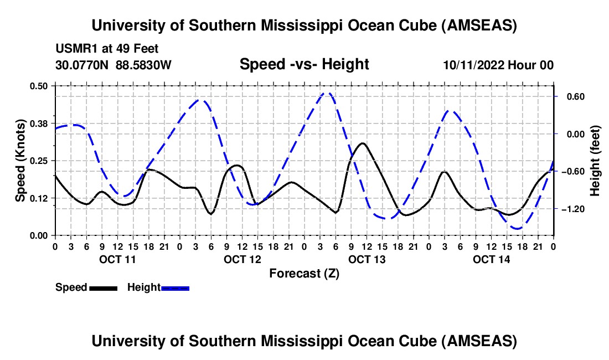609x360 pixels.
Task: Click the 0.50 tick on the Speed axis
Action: click(x=40, y=85)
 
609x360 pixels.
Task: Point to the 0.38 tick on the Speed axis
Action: click(x=40, y=122)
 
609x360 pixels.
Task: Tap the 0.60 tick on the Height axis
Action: click(x=570, y=96)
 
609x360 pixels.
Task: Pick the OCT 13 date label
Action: click(x=367, y=259)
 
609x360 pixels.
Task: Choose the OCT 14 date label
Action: click(x=492, y=259)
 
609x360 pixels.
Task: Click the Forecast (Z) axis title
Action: click(x=304, y=273)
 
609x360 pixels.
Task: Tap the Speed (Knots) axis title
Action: click(x=20, y=160)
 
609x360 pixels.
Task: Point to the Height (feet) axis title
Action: click(x=595, y=161)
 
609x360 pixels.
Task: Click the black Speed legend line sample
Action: click(x=103, y=287)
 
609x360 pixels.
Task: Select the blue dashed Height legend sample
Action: click(x=176, y=287)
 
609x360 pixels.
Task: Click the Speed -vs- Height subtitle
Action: click(x=304, y=64)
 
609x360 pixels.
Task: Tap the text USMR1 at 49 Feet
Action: click(x=107, y=49)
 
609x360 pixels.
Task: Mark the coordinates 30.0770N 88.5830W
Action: click(x=113, y=65)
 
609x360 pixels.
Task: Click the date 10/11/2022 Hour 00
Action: click(x=498, y=65)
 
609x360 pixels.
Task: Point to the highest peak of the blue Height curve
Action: click(x=327, y=93)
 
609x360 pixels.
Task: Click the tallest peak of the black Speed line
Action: click(x=363, y=143)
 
